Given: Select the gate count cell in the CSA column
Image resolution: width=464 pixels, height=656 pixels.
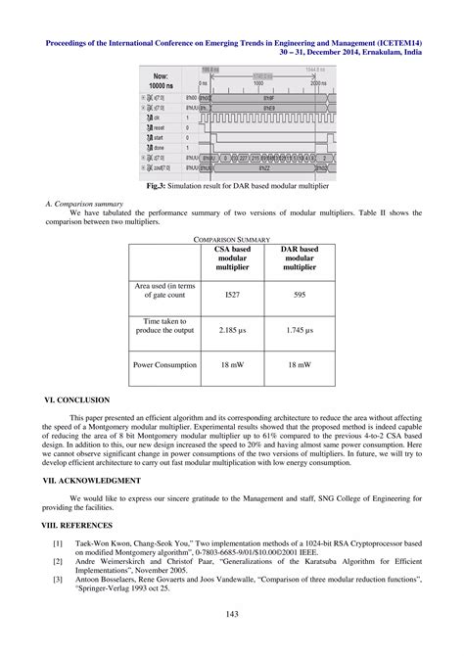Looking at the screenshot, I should [232, 294].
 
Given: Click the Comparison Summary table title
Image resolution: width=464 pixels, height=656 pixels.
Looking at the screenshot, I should [231, 238].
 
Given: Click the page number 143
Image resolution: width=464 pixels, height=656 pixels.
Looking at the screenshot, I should [232, 614].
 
